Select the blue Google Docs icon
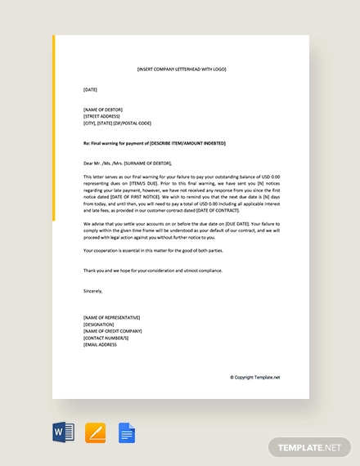(x=127, y=432)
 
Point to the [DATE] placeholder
(x=90, y=89)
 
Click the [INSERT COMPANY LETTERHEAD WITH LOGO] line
(x=181, y=69)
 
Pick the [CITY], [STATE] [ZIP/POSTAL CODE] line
(x=117, y=123)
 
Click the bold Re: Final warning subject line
(x=154, y=143)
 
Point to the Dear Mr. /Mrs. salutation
(x=127, y=163)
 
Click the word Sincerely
(x=93, y=290)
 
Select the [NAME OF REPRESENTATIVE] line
(x=111, y=317)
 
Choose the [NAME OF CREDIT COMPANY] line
(x=113, y=331)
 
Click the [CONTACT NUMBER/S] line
(x=106, y=338)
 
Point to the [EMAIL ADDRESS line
(x=100, y=344)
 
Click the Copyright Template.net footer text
(x=254, y=377)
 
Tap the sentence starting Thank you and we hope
(x=152, y=270)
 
